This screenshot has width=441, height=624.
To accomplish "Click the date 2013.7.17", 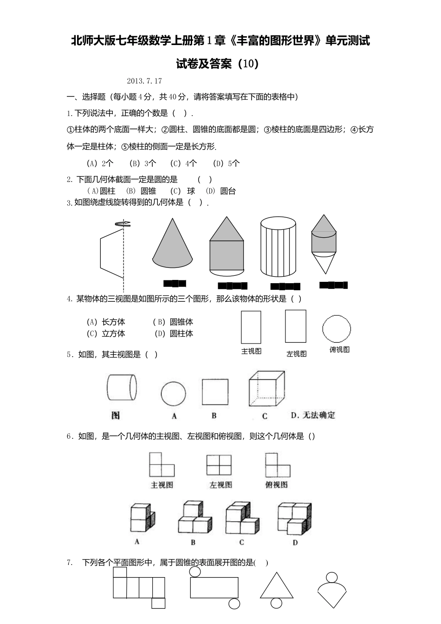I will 144,81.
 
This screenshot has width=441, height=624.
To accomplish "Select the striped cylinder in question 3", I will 278,247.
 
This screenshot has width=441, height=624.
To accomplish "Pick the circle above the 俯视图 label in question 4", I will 337,329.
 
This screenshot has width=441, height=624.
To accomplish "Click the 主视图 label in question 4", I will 251,351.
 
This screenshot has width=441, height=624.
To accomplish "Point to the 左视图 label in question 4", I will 296,354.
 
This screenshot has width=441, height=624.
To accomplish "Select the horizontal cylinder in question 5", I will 122,387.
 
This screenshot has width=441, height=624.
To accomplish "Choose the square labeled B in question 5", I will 214,392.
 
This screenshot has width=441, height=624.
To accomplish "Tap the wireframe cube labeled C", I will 266,389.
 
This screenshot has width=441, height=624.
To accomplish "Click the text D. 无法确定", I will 312,415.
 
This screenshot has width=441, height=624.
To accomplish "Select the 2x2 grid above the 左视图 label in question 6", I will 219,465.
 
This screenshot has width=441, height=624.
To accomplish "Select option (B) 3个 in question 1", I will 143,163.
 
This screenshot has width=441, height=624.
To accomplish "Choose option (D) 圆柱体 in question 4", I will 174,333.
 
